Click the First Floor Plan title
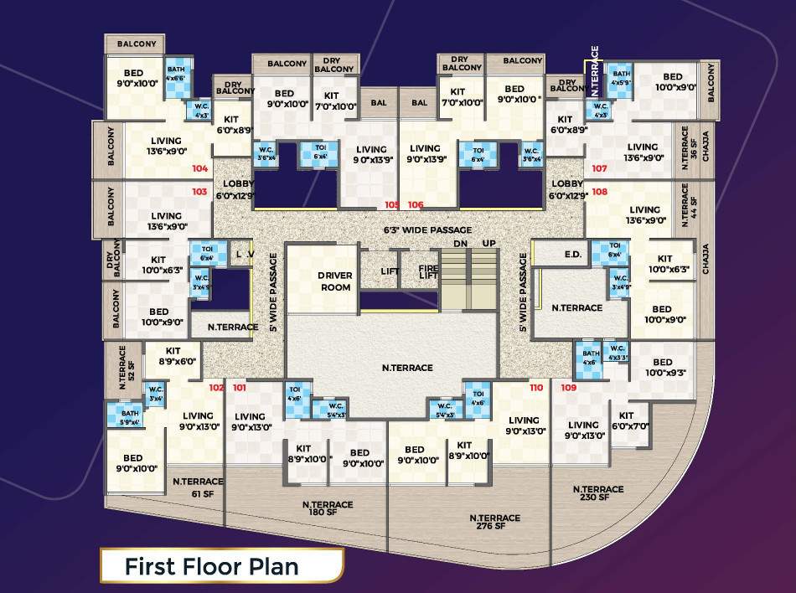[211, 566]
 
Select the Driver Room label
[334, 281]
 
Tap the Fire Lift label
[428, 271]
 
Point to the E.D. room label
[573, 254]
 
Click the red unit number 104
[199, 168]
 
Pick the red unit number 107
[599, 168]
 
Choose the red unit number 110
[537, 388]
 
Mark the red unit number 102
[216, 388]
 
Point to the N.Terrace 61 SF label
[198, 487]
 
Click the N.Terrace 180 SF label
[328, 509]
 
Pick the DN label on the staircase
[459, 243]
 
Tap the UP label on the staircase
[489, 243]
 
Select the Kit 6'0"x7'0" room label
[626, 421]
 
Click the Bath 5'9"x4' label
[130, 417]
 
